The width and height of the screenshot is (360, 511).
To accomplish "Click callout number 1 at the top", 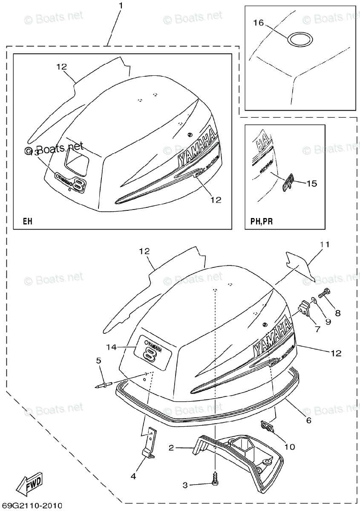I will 121,6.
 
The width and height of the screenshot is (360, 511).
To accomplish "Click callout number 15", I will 311,184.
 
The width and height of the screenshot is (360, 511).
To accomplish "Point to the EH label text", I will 27,221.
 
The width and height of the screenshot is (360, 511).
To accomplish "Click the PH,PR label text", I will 261,221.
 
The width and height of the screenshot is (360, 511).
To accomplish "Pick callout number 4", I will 133,477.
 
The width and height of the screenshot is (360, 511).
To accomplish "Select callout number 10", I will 290,447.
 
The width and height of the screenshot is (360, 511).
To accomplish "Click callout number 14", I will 112,347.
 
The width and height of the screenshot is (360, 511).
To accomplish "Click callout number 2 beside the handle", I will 171,448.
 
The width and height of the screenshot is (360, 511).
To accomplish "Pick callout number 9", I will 328,322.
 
